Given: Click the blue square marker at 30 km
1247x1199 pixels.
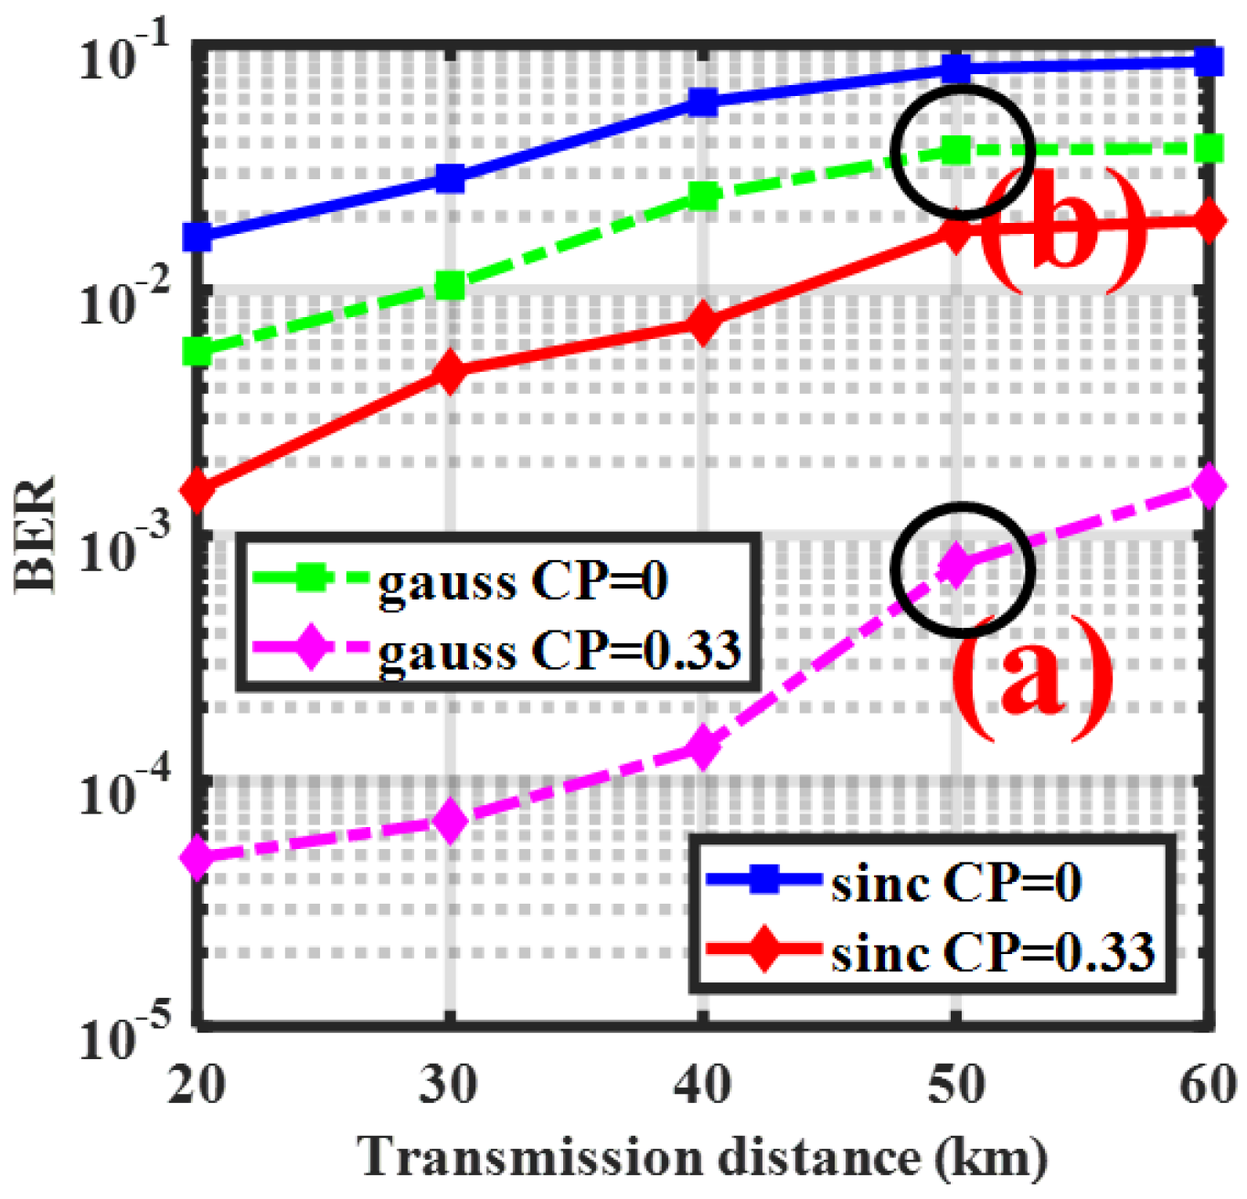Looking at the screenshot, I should click(449, 178).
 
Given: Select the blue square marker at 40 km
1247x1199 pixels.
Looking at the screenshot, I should click(702, 101).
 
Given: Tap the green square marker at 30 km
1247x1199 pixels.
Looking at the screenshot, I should click(449, 286).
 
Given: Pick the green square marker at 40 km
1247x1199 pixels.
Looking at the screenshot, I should click(702, 196).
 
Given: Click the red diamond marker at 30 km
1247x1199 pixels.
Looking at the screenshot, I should click(449, 371).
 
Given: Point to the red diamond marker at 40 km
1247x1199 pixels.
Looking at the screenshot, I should click(702, 324).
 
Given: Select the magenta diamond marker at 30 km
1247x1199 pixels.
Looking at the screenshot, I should click(449, 822).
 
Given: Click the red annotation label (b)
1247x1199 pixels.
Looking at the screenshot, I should click(1060, 230).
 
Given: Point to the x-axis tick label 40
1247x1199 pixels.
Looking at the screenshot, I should click(702, 1086).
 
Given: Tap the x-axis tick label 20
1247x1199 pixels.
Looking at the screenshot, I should click(197, 1086).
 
